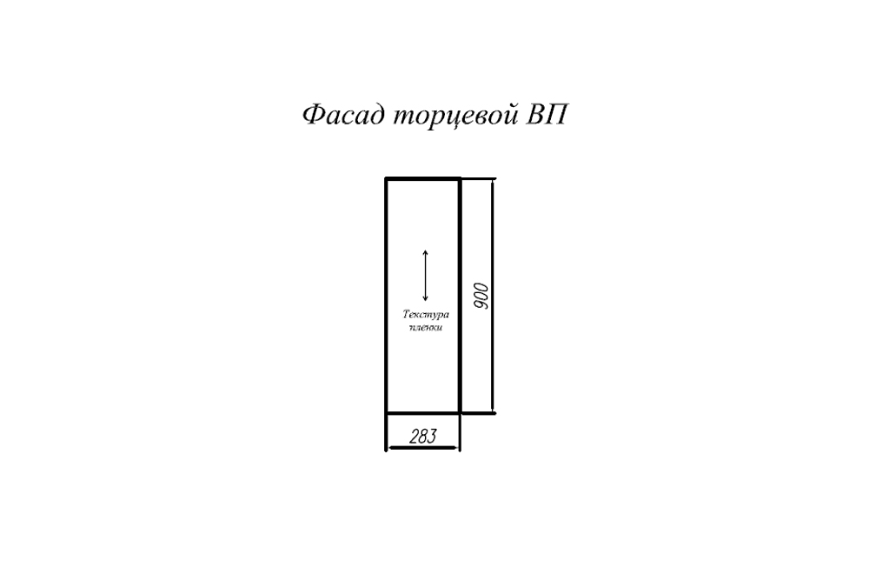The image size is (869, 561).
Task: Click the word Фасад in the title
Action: [343, 116]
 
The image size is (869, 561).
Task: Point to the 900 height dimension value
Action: [481, 297]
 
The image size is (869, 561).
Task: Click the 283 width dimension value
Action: [423, 437]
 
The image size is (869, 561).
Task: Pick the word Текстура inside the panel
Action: [426, 315]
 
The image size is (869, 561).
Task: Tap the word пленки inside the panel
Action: [426, 327]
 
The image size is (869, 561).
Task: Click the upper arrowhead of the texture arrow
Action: [425, 253]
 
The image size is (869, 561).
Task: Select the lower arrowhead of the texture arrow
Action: [425, 298]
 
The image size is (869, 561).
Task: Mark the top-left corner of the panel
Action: [387, 178]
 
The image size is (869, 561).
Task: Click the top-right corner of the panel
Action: [460, 178]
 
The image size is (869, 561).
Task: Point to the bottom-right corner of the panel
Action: [460, 413]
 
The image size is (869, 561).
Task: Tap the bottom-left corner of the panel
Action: [387, 413]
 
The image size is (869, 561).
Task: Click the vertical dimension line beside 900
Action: [492, 296]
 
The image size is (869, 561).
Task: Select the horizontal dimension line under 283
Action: [423, 447]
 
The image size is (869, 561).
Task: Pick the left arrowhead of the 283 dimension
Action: [391, 447]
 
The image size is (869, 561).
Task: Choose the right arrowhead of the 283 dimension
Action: [455, 447]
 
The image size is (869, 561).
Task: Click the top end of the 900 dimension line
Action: [492, 179]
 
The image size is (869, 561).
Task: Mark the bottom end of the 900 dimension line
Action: [492, 413]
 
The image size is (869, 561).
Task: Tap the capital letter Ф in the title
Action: [314, 115]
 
